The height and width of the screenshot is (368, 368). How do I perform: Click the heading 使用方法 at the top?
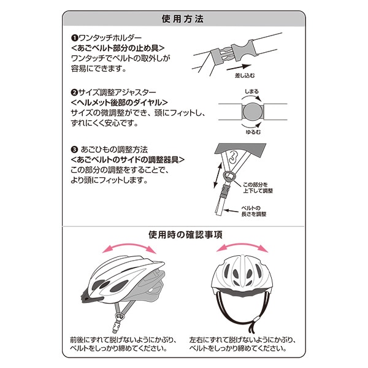click(x=183, y=19)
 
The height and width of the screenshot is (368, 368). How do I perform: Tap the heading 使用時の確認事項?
click(x=185, y=235)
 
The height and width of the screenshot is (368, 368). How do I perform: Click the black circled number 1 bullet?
click(x=74, y=38)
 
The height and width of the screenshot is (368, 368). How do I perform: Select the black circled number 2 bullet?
click(x=74, y=93)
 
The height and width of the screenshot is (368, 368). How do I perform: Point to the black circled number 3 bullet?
click(x=74, y=150)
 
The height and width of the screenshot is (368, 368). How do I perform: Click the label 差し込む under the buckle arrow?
click(x=245, y=75)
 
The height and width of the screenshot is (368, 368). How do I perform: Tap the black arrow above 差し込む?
click(x=239, y=67)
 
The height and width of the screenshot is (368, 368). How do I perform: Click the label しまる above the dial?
click(x=251, y=91)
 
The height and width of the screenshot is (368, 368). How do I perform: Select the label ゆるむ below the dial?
click(x=253, y=132)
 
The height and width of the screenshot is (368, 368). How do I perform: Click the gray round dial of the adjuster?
click(x=253, y=112)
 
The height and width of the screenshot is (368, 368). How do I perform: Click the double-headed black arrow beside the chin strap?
click(x=218, y=175)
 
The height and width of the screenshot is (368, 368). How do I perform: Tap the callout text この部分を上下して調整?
click(x=258, y=188)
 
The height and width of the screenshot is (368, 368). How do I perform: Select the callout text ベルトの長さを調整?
click(x=253, y=211)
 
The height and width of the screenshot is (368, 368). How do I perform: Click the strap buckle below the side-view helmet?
click(x=116, y=326)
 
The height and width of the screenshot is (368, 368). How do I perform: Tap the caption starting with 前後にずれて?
click(x=123, y=344)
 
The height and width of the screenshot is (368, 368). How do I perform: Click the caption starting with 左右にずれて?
click(x=242, y=344)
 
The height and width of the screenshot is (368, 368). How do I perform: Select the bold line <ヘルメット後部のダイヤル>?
click(x=119, y=102)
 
